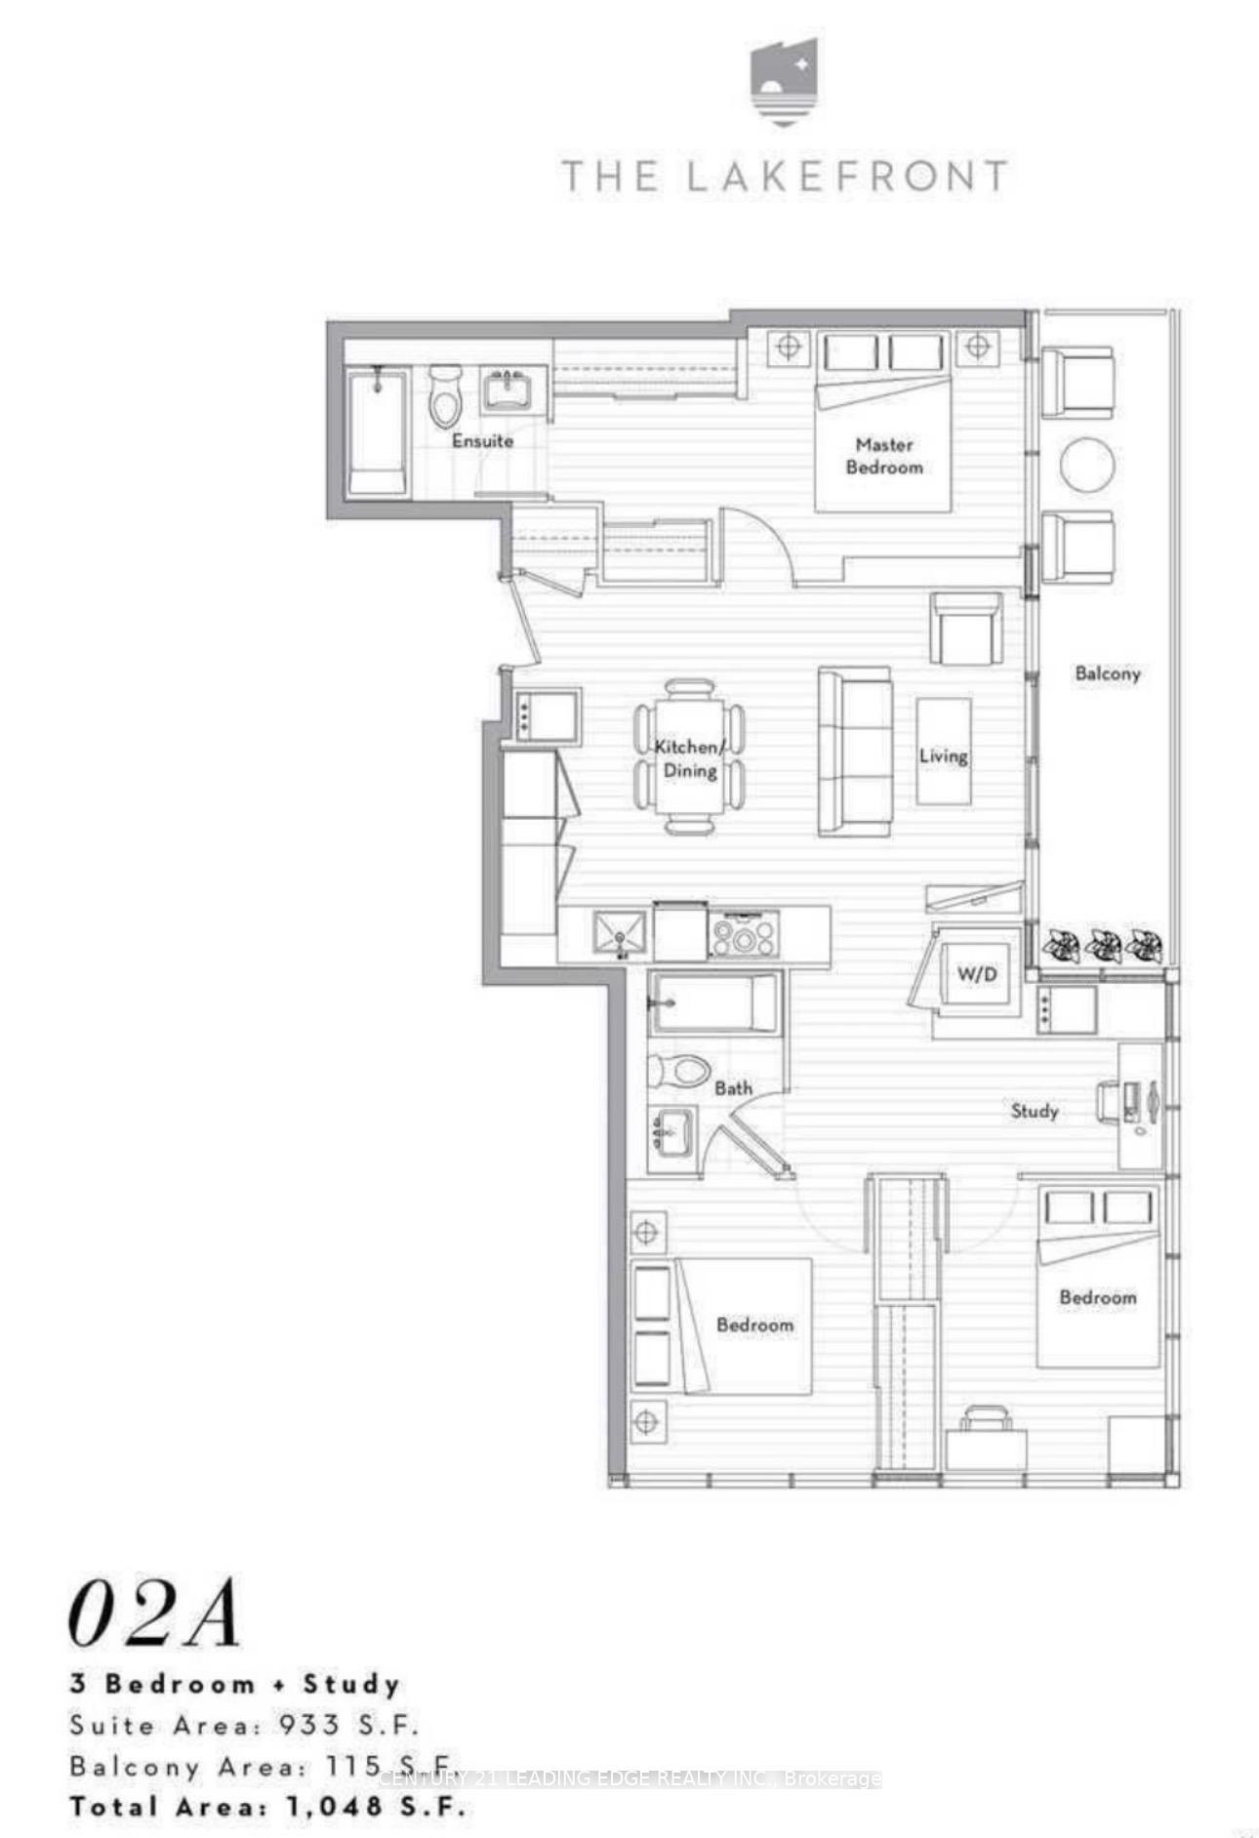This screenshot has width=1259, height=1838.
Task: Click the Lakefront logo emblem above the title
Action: click(x=784, y=82)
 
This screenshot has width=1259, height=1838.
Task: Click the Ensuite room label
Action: click(x=482, y=440)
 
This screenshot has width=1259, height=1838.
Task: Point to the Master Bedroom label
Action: click(x=884, y=456)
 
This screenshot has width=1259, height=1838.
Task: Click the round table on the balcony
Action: click(x=1087, y=466)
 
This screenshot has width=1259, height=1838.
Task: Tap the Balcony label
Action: click(x=1107, y=674)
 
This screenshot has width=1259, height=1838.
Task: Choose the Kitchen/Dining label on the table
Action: click(x=689, y=758)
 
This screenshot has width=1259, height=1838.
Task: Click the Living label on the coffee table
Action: click(x=943, y=756)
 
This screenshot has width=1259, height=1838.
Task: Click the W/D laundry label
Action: click(x=977, y=973)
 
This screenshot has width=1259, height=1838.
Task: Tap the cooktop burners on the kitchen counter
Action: click(x=744, y=933)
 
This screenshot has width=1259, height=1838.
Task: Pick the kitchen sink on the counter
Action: click(x=620, y=933)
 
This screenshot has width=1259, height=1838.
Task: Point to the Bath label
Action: click(x=733, y=1087)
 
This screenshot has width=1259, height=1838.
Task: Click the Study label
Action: click(x=1034, y=1111)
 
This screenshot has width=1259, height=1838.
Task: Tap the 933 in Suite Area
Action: click(x=309, y=1725)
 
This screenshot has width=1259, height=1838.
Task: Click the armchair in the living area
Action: click(x=966, y=629)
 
